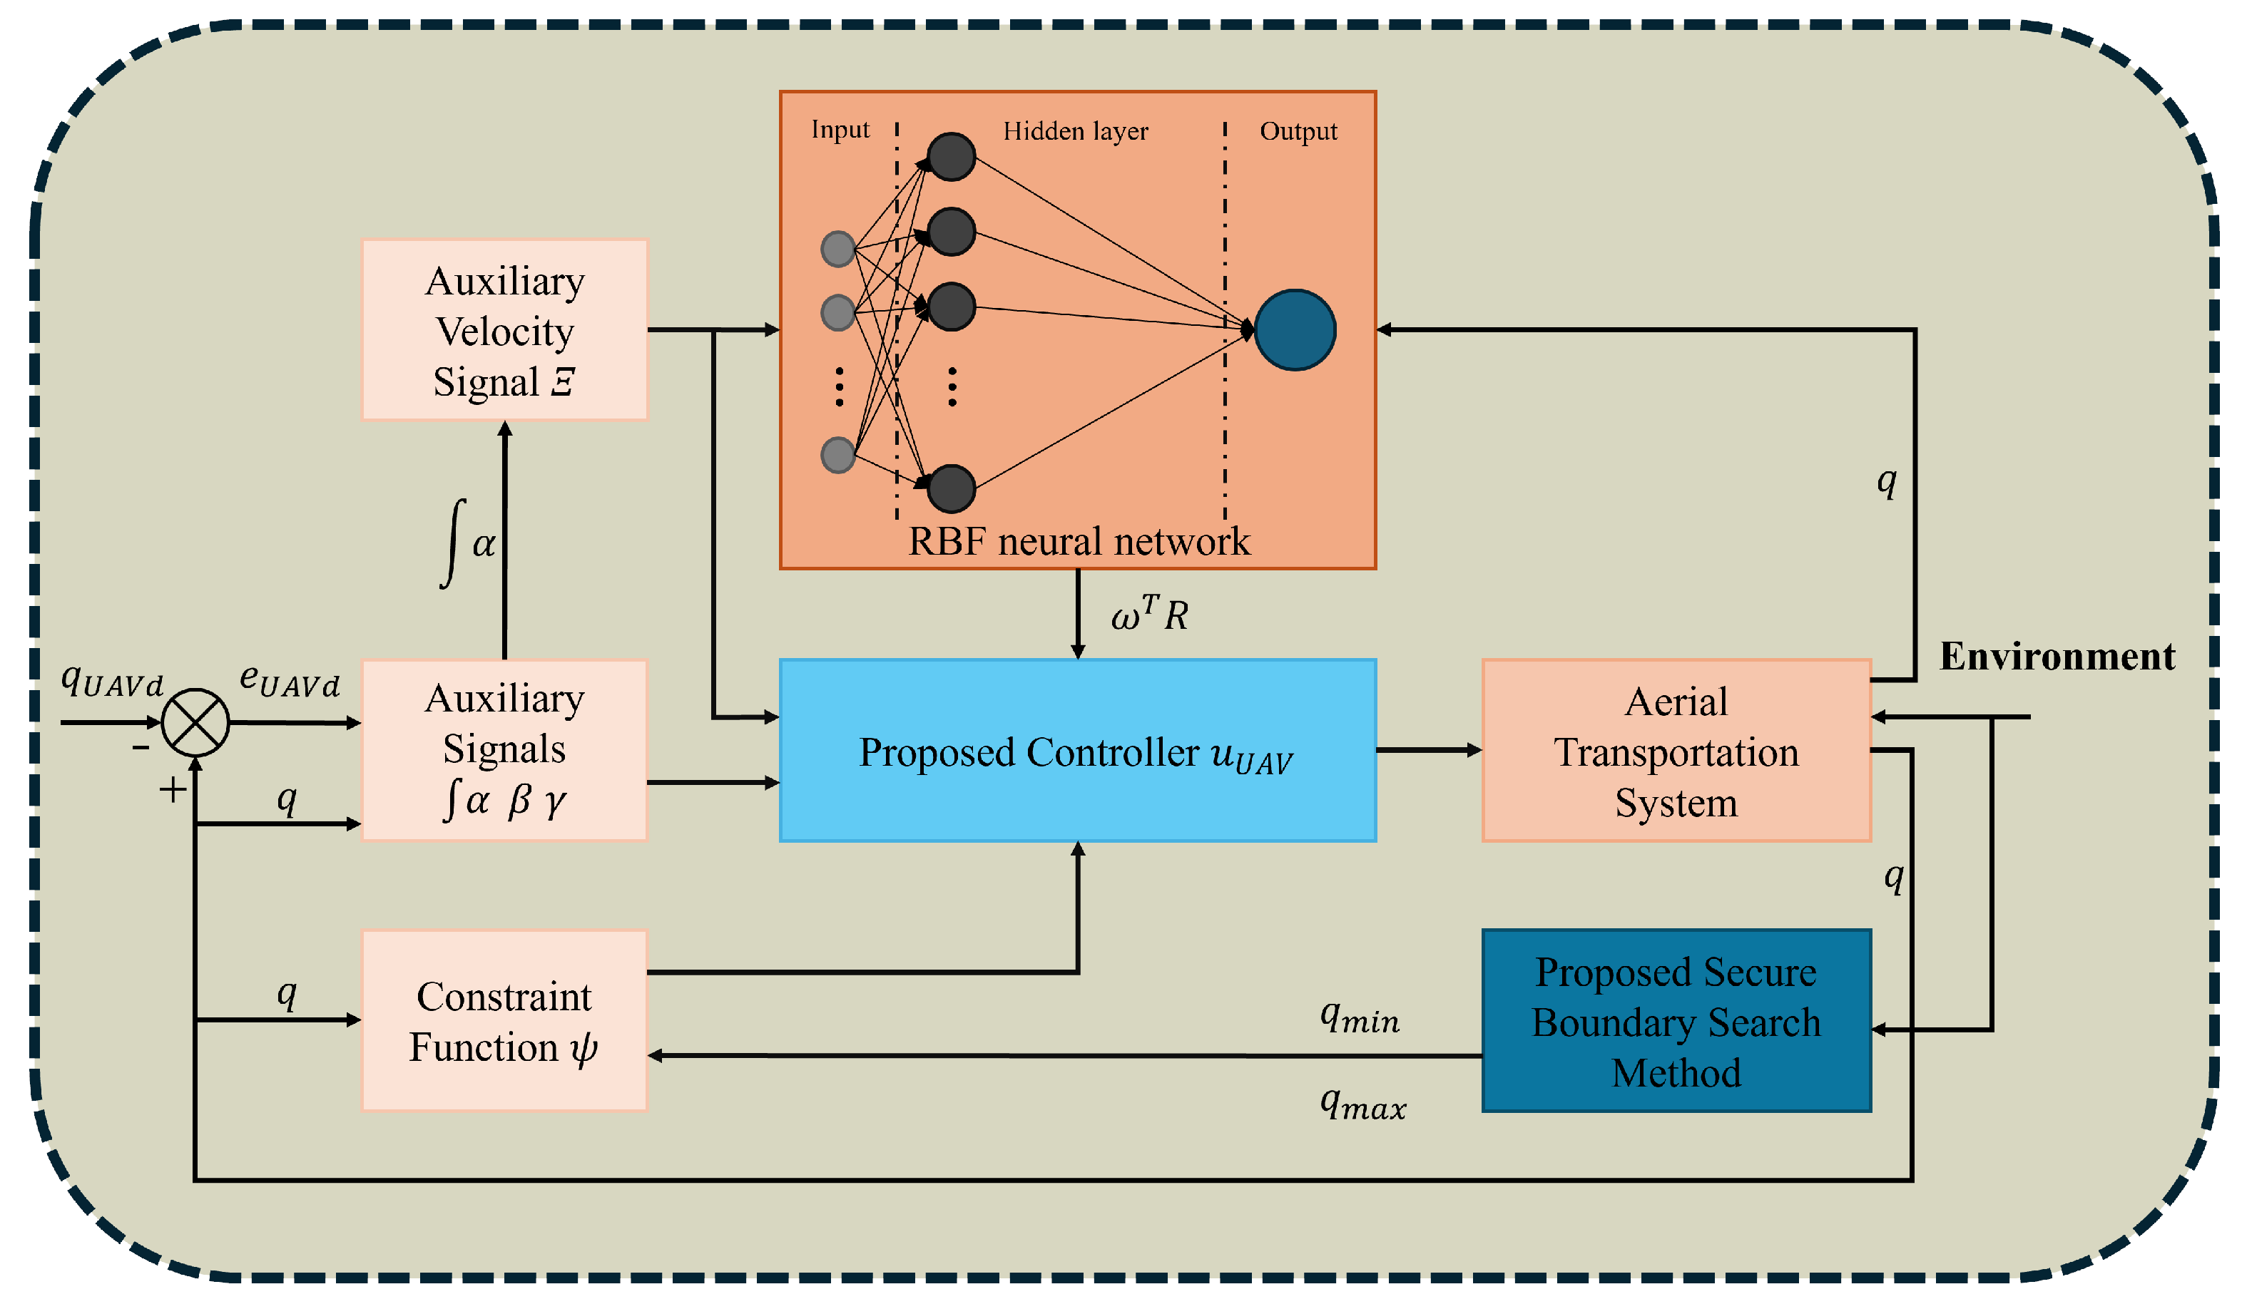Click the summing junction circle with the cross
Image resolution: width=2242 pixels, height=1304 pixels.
(195, 722)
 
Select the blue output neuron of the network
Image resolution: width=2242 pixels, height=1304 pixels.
(1295, 330)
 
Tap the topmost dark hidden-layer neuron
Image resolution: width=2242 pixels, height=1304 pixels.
(951, 157)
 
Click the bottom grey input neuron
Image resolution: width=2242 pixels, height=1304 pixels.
(838, 456)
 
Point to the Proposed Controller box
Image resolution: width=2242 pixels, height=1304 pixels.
(1077, 751)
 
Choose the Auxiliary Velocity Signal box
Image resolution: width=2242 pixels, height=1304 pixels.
(504, 330)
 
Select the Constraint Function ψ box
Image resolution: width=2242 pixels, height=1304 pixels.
(504, 1021)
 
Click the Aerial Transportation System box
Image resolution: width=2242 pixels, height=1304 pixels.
(1676, 751)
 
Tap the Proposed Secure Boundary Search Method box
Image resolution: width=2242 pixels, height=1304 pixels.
(1676, 1021)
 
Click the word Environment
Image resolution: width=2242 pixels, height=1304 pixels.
(2057, 657)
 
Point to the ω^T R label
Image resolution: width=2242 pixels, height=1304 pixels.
(1149, 614)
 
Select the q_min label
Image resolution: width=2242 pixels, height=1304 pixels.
(1360, 1017)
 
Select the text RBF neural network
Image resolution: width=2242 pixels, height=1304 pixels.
(1079, 541)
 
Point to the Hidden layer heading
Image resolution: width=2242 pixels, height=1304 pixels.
(1076, 132)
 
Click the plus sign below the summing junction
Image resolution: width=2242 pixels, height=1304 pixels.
(173, 790)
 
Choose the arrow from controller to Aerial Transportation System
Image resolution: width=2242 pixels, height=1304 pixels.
(1428, 751)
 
